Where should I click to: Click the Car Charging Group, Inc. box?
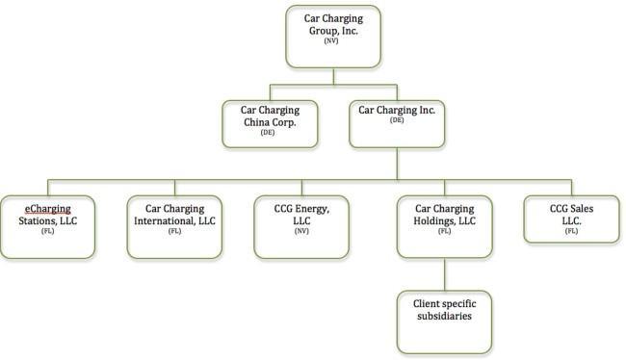coord(333,37)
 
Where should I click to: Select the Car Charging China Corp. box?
coord(270,124)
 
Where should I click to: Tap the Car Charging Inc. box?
coord(397,124)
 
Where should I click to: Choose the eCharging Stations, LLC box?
coord(48,227)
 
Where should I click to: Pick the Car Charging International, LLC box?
coord(174,227)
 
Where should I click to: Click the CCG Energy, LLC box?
coord(301,227)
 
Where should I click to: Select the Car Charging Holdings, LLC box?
coord(444,227)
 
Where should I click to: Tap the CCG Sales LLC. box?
coord(572,219)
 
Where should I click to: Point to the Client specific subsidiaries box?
coord(444,322)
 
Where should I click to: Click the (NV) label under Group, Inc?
coord(331,40)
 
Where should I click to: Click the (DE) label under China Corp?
coord(268,133)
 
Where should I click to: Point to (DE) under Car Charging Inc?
coord(397,120)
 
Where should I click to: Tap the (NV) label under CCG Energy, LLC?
coord(301,231)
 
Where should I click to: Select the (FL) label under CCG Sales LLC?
coord(571,231)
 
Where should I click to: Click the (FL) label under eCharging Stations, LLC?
coord(47,231)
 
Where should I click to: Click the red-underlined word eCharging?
coord(48,209)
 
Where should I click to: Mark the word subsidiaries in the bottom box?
coord(444,316)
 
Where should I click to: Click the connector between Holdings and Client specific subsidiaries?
coord(444,274)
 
